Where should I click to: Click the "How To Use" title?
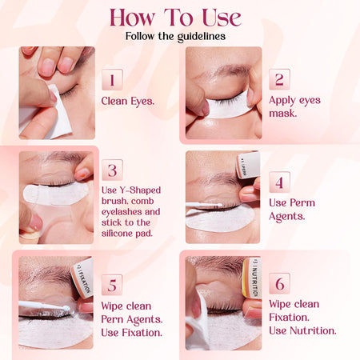(x=175, y=18)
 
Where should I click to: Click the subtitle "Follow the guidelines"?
(x=175, y=36)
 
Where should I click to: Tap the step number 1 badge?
(x=112, y=79)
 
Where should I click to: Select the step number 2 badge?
(x=279, y=79)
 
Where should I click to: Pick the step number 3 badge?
(x=112, y=170)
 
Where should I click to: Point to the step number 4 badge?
(x=279, y=182)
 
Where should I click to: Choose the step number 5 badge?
(x=112, y=285)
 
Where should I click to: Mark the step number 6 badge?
(x=279, y=283)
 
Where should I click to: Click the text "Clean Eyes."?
(x=128, y=102)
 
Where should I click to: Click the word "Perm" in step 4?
(x=303, y=202)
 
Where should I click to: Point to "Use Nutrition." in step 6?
(x=302, y=330)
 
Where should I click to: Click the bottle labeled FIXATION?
(x=82, y=278)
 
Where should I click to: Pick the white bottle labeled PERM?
(x=248, y=165)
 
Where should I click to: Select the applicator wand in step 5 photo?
(x=44, y=306)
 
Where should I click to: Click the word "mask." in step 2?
(x=283, y=114)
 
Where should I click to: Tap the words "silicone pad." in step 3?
(x=127, y=234)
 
